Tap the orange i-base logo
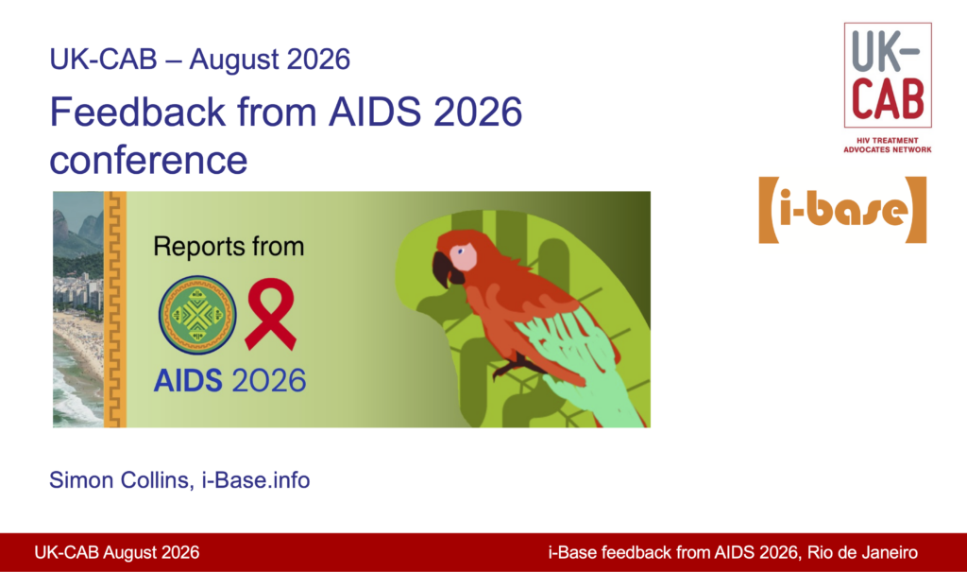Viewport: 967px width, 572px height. [x=842, y=210]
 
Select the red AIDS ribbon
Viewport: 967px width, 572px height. [x=270, y=314]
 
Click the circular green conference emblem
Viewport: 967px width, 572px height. [x=197, y=315]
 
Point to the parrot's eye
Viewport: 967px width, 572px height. [x=460, y=251]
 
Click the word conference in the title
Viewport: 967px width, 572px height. [x=148, y=160]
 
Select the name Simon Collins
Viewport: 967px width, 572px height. [x=119, y=480]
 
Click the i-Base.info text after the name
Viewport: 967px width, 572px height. [x=256, y=480]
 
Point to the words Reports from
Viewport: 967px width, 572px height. [x=229, y=247]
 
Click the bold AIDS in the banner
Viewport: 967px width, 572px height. [x=188, y=380]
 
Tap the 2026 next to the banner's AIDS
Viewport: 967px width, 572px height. [x=268, y=380]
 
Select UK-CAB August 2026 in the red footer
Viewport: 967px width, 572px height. [x=116, y=552]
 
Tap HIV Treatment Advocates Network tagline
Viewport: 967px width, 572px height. [x=888, y=146]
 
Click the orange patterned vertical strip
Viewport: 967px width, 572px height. [x=114, y=309]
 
